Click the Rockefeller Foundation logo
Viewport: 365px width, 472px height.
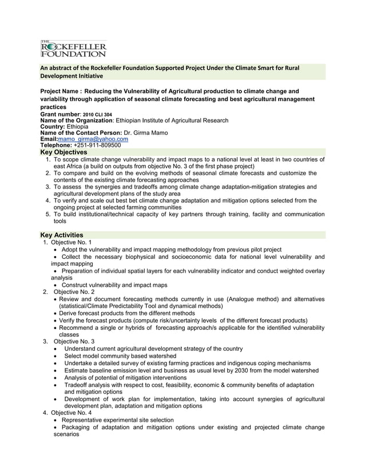[73, 49]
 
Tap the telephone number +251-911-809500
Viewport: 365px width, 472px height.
[97, 145]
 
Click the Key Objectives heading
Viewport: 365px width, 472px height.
[64, 153]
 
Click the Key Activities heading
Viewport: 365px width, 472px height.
[61, 235]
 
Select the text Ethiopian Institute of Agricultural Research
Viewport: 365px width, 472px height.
[172, 121]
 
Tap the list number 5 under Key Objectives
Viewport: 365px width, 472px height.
[48, 214]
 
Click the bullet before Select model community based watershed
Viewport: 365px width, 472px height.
[54, 356]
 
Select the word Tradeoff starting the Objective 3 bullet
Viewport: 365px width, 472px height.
[77, 385]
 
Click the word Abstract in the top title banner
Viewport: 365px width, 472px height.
[60, 68]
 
